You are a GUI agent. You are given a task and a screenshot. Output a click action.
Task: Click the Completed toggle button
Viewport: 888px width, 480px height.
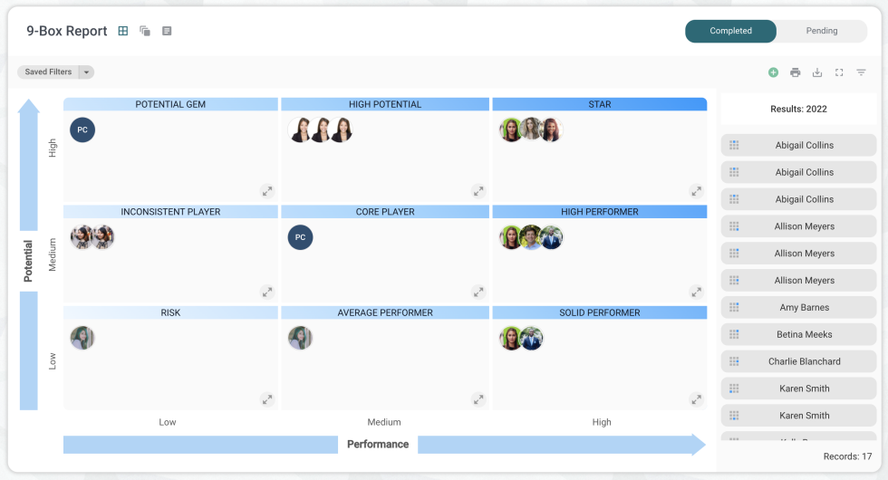(x=730, y=31)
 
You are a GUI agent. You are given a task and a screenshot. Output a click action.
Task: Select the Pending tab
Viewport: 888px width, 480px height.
(x=821, y=31)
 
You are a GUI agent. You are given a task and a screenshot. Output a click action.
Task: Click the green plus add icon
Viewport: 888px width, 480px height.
(x=773, y=72)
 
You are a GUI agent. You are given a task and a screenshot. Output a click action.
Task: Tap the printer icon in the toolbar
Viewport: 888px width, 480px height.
(x=795, y=72)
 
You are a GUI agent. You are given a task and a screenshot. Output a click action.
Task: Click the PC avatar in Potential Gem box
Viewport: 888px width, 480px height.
(x=82, y=130)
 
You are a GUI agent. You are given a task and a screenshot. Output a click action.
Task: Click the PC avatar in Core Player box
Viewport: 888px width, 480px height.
(x=300, y=238)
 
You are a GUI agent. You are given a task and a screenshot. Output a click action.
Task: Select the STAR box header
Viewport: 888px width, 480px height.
(x=599, y=104)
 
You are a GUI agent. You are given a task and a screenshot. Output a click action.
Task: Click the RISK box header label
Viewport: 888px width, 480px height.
(x=170, y=312)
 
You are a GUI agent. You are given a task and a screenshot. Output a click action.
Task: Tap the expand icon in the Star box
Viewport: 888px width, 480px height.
(x=696, y=191)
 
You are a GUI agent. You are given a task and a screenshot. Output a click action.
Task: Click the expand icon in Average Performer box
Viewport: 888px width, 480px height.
(x=478, y=399)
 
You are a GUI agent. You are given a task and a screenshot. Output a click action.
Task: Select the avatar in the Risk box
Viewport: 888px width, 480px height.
(x=82, y=338)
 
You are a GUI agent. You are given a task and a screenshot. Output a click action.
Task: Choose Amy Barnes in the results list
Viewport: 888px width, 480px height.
(x=804, y=308)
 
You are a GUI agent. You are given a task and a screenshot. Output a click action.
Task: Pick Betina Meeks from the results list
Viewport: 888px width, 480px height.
(x=804, y=335)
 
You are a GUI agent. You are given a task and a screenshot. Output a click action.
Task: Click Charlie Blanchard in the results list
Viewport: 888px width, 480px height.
(x=804, y=361)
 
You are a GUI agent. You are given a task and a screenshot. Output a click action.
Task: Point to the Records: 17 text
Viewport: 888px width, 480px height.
(x=847, y=456)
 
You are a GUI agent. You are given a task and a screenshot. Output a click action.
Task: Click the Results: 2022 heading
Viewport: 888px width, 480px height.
(x=798, y=109)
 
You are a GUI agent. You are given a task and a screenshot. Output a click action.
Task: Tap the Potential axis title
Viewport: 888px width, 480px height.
(x=28, y=261)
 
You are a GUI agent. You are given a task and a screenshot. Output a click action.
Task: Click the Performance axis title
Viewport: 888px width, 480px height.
(x=378, y=445)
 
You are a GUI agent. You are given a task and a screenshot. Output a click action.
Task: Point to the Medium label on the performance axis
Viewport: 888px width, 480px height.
(x=384, y=422)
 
